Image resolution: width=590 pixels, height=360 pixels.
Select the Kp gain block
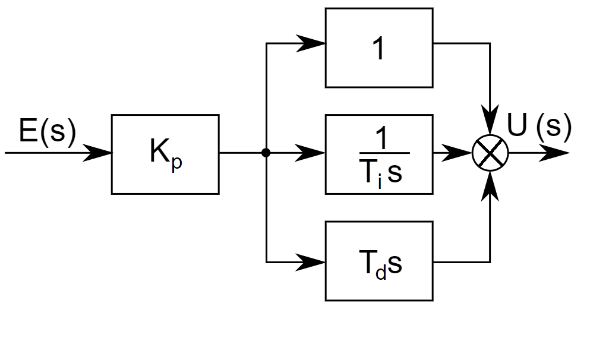point(165,154)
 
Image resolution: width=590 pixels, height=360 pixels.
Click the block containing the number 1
point(378,48)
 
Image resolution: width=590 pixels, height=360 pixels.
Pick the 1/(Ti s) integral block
point(378,154)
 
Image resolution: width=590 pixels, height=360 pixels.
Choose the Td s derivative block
point(378,261)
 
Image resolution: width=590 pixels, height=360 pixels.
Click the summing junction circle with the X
point(490,153)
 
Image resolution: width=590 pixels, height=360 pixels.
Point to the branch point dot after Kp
point(266,153)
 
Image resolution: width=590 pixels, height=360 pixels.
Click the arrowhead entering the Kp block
point(98,153)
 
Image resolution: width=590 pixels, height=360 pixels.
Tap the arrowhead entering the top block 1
point(312,43)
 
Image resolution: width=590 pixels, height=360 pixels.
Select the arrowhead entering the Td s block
point(312,261)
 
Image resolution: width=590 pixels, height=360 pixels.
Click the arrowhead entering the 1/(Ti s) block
point(312,153)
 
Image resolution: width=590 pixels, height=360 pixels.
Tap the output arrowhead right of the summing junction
point(556,153)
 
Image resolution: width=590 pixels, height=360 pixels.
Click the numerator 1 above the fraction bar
point(383,139)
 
